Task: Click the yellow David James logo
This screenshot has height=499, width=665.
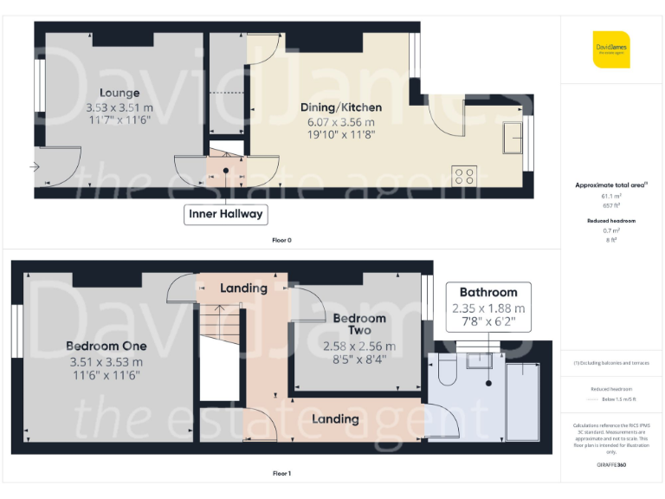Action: [611, 49]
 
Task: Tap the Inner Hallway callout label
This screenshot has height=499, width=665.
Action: [227, 214]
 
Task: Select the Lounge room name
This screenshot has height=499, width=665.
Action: [119, 93]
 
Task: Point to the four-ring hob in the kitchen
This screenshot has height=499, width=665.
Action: [463, 176]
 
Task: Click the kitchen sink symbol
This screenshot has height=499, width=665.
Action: [513, 137]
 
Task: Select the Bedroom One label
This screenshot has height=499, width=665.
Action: [105, 346]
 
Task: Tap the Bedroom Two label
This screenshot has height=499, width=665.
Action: [359, 324]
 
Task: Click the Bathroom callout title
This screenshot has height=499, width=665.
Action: [488, 292]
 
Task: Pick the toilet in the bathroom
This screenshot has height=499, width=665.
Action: [448, 371]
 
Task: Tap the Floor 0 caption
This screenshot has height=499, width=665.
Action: [281, 240]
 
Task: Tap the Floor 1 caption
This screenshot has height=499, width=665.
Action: [281, 474]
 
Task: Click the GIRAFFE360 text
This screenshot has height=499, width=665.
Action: [611, 465]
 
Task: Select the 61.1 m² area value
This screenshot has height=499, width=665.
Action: [611, 196]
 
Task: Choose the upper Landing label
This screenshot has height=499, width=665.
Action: [243, 288]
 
